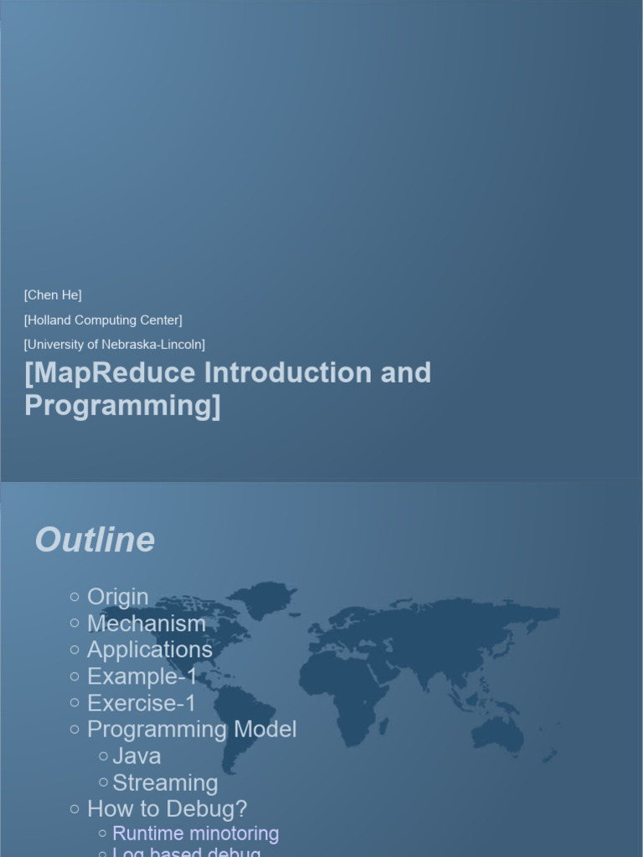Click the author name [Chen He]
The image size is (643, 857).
point(53,295)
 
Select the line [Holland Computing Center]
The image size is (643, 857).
point(103,320)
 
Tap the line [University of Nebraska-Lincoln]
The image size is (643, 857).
point(115,344)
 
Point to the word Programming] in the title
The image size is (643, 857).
point(122,405)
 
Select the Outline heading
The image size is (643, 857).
point(95,540)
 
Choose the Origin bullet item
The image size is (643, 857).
point(117,597)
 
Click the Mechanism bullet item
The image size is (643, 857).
point(146,624)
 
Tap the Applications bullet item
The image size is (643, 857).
point(149,649)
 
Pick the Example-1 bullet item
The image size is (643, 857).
point(142,676)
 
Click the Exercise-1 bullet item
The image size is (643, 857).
point(141,703)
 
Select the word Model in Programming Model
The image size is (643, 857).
point(265,729)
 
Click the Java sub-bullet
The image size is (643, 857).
point(136,756)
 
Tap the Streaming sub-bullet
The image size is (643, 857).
point(165,783)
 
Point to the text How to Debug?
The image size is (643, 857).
point(167,808)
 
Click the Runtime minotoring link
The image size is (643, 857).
point(195,834)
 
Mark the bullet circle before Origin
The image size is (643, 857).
point(75,597)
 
